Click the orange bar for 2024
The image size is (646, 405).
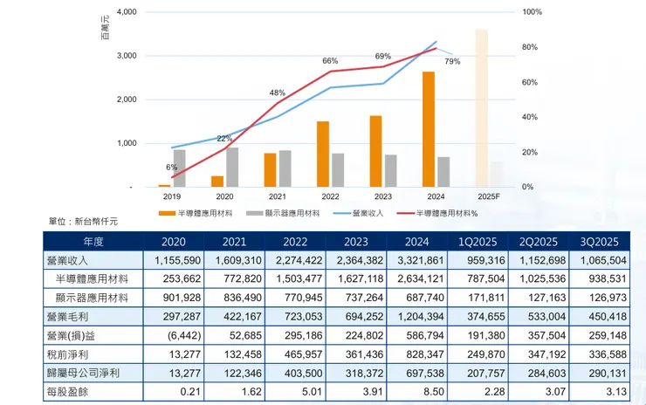click(428, 129)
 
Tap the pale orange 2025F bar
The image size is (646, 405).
click(481, 108)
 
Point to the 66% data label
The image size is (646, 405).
click(330, 61)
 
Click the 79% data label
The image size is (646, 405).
click(452, 62)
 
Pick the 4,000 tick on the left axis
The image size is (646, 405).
click(123, 12)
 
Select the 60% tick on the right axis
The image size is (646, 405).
click(533, 82)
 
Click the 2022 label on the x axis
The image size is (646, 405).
click(330, 197)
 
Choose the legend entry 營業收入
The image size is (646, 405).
click(367, 213)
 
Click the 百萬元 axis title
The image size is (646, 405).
click(106, 30)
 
